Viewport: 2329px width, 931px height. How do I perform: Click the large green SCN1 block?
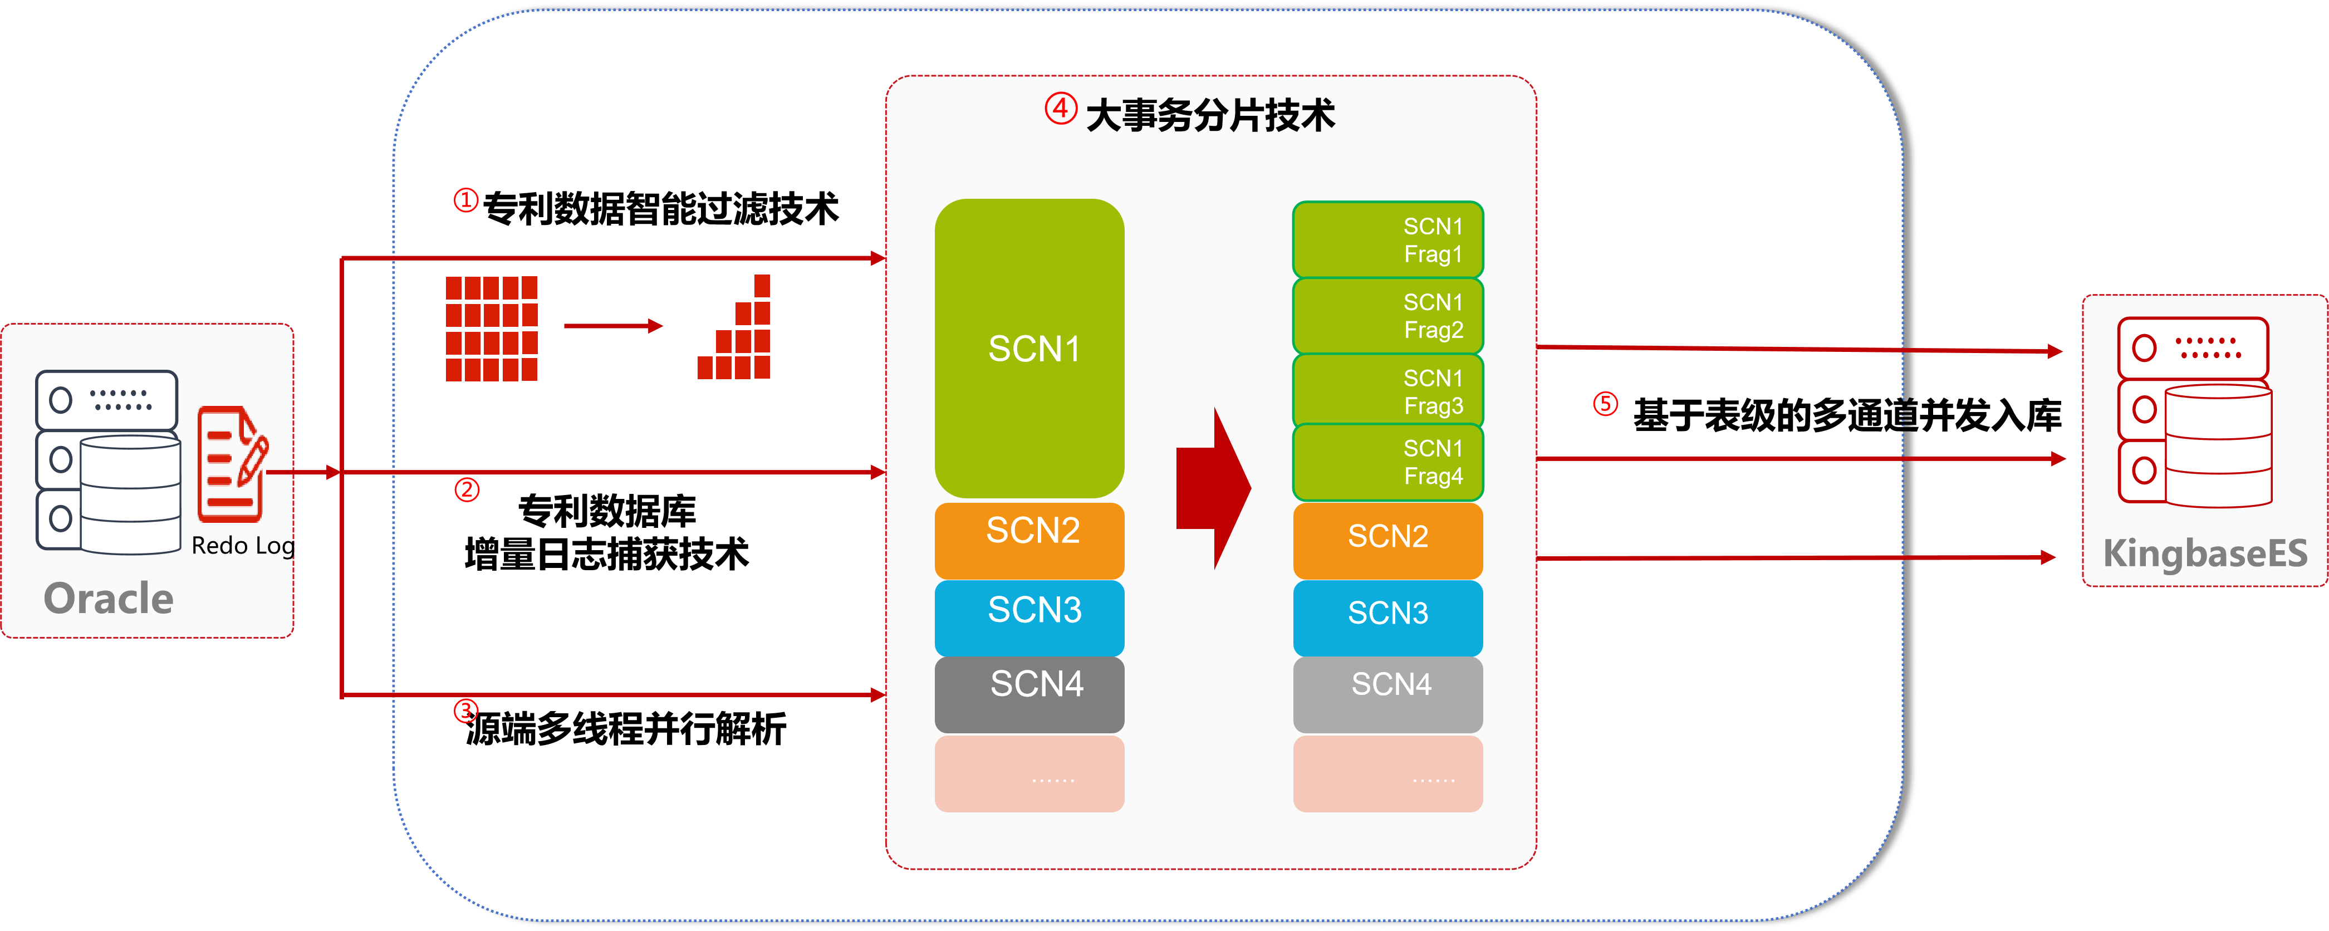[x=1029, y=348]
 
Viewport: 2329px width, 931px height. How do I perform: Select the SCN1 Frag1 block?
[x=1388, y=239]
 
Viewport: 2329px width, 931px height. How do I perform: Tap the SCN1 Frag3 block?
[x=1388, y=390]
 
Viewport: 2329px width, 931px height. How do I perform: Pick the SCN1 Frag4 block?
[x=1388, y=462]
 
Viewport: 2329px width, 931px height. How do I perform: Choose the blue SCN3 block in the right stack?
[x=1388, y=618]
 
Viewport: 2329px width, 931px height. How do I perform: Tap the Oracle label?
[x=109, y=599]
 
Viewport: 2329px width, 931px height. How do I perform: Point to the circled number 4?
[x=1061, y=109]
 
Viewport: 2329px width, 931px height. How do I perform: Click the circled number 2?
[x=467, y=490]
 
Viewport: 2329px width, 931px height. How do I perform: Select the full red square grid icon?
[x=492, y=328]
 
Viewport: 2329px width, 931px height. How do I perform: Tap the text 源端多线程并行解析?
[x=626, y=728]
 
